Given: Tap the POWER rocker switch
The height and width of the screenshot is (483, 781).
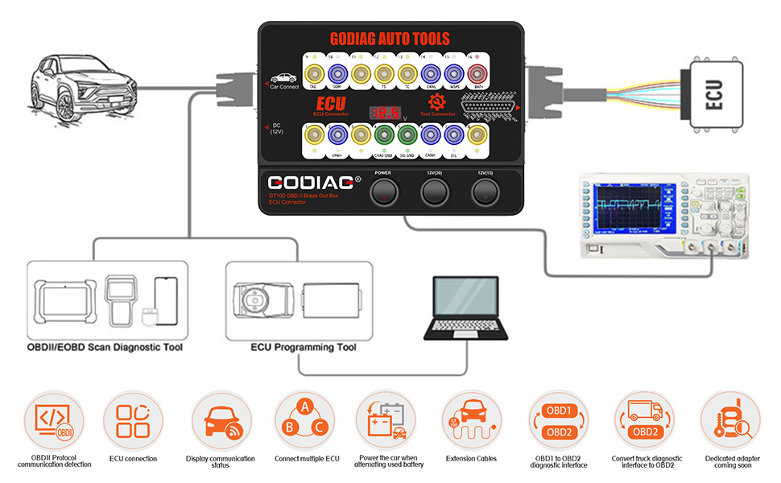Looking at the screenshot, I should coord(383,192).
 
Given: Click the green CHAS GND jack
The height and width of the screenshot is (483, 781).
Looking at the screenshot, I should coord(384,136).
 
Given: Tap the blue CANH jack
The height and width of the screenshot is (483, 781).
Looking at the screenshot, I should coord(431,136).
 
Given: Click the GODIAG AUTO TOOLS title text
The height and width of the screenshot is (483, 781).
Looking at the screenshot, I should coord(390,38).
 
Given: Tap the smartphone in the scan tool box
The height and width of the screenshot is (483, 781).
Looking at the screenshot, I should coord(165,301).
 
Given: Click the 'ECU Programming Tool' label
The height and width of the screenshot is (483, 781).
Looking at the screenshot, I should coord(299,348).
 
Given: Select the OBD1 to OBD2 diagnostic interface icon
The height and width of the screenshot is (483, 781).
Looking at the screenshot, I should coord(559,420).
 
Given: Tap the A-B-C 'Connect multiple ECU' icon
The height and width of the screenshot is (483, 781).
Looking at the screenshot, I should coord(304,420).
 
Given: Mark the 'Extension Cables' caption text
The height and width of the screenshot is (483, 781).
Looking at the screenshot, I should coord(471,459).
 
